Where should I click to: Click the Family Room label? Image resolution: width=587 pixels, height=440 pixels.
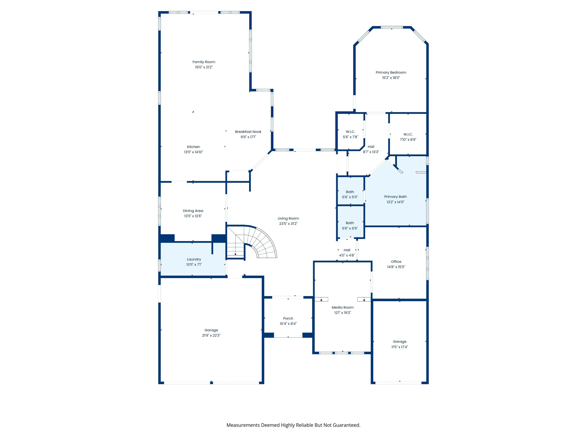click(204, 62)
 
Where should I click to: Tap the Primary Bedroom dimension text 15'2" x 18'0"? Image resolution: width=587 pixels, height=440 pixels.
click(391, 78)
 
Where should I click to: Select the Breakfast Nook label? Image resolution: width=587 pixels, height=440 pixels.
click(248, 132)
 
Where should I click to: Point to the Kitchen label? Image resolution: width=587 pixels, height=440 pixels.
click(194, 147)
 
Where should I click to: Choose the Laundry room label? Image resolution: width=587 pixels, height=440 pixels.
click(194, 259)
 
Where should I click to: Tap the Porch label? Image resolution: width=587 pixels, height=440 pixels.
click(288, 318)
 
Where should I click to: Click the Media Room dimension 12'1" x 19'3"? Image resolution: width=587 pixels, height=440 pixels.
click(343, 313)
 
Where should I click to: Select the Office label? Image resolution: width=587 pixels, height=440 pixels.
click(396, 261)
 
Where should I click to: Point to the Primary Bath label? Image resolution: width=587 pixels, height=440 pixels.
click(395, 197)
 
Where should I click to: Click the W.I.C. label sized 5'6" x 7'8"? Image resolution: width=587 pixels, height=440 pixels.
click(350, 132)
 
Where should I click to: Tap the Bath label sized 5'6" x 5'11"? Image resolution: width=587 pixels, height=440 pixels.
click(350, 192)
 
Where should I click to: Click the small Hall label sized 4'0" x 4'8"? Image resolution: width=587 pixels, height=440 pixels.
click(347, 250)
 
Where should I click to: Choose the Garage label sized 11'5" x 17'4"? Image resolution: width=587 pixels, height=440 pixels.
click(400, 342)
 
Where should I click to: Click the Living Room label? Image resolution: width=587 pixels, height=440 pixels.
click(288, 218)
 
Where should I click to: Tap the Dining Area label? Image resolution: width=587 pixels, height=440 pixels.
click(193, 211)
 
